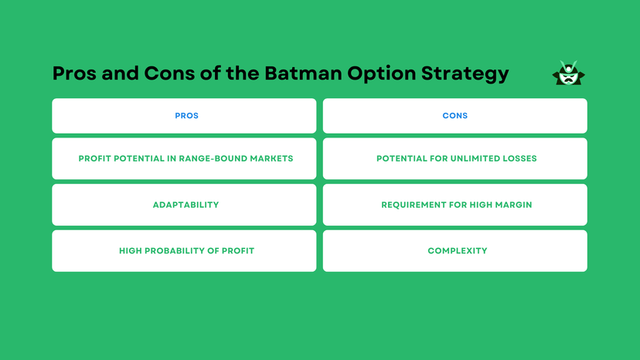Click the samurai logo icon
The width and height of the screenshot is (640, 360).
click(x=568, y=73)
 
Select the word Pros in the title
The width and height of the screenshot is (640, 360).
click(x=76, y=73)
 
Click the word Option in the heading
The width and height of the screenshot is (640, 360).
click(x=379, y=74)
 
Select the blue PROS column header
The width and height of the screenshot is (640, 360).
click(x=186, y=116)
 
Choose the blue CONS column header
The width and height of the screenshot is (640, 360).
click(x=454, y=116)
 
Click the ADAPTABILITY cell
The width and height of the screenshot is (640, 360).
click(x=186, y=205)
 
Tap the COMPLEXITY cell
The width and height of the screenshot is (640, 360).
click(x=457, y=251)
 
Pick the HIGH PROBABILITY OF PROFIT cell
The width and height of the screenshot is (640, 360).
click(x=186, y=251)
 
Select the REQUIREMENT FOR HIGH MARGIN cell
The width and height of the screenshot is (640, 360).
click(x=456, y=205)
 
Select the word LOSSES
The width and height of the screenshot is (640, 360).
click(x=519, y=158)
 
